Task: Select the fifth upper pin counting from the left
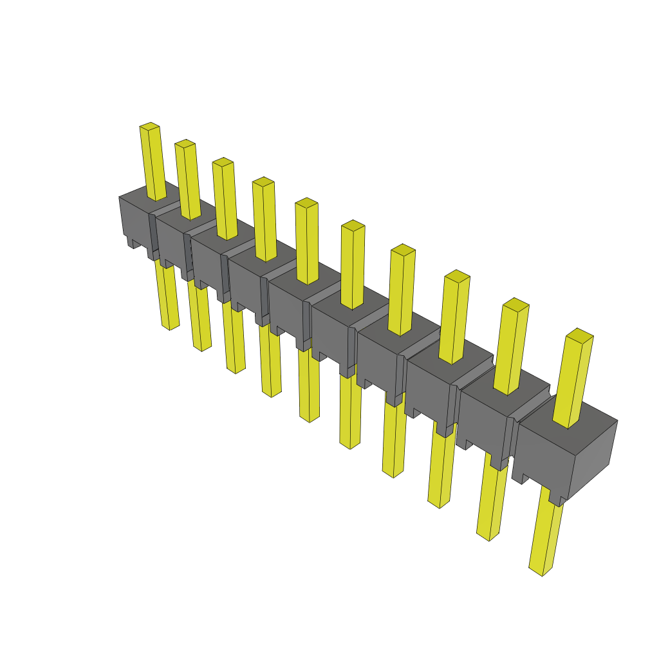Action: pos(307,241)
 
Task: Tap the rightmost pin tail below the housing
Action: pos(546,537)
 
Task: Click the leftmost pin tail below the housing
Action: pos(167,296)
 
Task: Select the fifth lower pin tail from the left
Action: pos(309,386)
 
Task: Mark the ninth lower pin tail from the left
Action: pos(492,502)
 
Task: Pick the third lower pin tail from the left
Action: pos(234,338)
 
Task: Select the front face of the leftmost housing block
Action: pos(135,219)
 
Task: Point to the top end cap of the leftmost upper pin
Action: pos(149,125)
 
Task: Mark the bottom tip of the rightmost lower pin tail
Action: pos(541,571)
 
